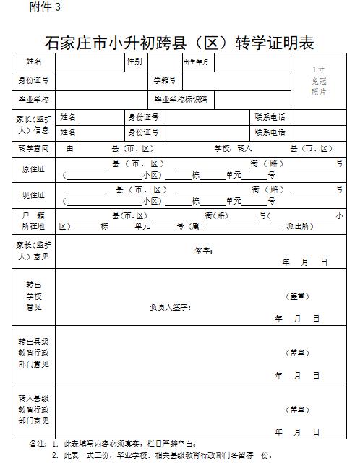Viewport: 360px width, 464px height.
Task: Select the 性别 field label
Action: point(134,61)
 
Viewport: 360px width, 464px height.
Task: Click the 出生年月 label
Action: point(196,62)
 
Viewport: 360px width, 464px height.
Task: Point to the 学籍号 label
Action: point(164,80)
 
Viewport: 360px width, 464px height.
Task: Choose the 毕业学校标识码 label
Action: point(181,98)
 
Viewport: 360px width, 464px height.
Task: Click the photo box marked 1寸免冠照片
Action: point(319,81)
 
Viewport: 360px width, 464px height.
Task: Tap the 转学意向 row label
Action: point(34,148)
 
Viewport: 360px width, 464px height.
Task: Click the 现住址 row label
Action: point(34,195)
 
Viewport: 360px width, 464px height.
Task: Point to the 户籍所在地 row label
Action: point(34,221)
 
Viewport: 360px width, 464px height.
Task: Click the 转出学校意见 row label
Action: point(34,296)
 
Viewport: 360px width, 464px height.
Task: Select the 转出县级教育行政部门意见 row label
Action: point(34,352)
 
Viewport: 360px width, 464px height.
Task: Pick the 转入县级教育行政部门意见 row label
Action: point(34,409)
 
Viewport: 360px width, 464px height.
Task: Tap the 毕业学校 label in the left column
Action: point(34,98)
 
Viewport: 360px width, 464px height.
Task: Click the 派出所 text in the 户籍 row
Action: point(299,226)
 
